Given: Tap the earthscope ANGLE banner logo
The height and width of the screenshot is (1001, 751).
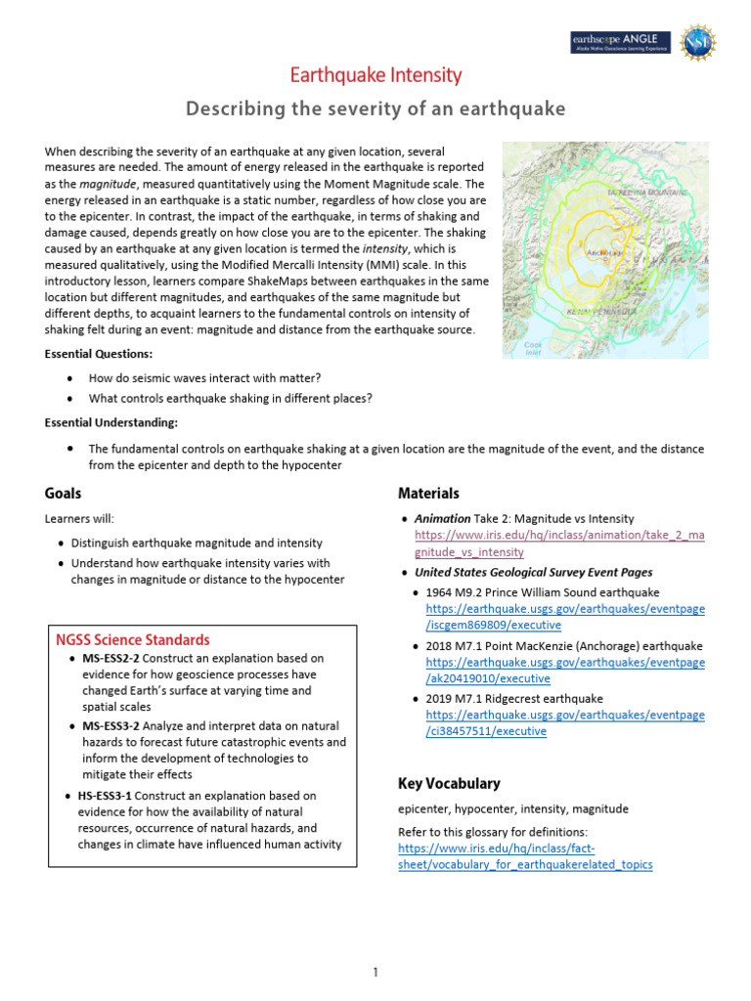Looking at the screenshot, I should pyautogui.click(x=620, y=42).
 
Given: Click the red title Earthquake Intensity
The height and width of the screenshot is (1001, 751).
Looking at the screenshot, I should pyautogui.click(x=376, y=75).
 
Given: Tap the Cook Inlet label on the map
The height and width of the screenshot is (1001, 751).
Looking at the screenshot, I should pyautogui.click(x=534, y=348).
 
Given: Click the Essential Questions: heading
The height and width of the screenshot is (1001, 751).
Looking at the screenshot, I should pyautogui.click(x=99, y=353).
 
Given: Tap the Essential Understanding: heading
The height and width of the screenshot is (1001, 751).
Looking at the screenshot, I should pyautogui.click(x=110, y=422).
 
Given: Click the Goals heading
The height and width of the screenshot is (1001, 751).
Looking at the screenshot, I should pyautogui.click(x=63, y=494).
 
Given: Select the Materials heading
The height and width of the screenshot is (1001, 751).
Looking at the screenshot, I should pyautogui.click(x=428, y=494).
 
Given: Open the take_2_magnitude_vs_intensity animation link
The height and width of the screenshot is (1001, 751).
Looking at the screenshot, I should pyautogui.click(x=559, y=544).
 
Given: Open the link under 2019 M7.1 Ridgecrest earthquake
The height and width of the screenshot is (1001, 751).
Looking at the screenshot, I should pyautogui.click(x=559, y=723).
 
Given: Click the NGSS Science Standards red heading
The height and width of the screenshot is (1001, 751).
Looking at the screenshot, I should pyautogui.click(x=131, y=640).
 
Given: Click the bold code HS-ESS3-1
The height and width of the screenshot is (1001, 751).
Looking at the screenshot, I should pyautogui.click(x=104, y=796).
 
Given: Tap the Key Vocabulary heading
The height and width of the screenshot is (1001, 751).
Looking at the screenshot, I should pyautogui.click(x=449, y=783).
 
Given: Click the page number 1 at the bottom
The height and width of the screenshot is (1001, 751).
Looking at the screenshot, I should pyautogui.click(x=375, y=972).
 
